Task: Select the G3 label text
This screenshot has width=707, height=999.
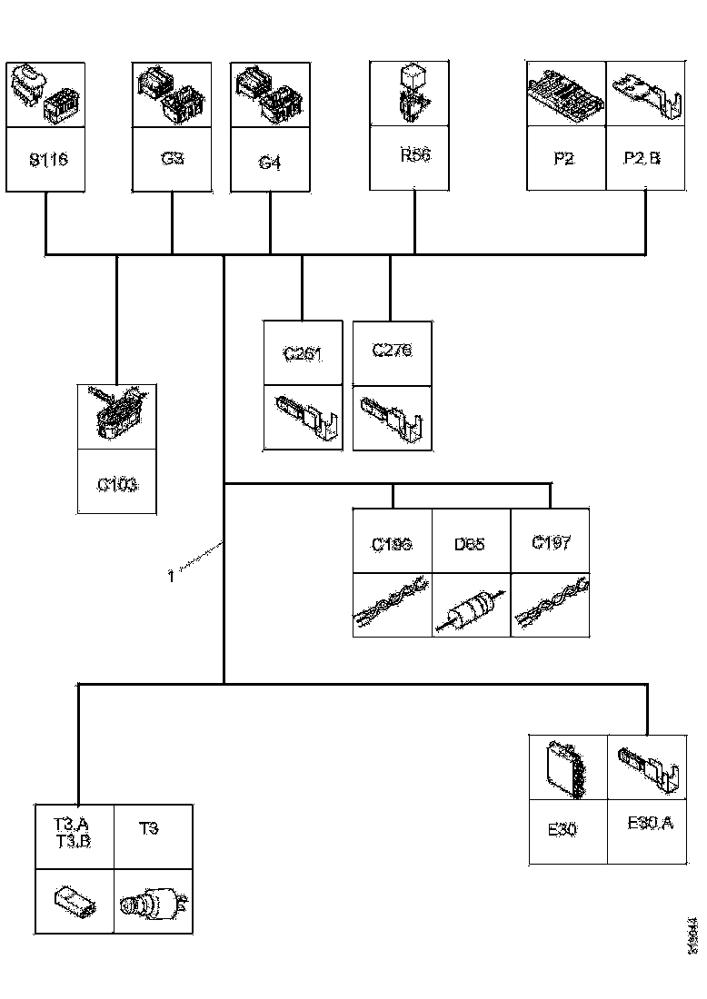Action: point(172,158)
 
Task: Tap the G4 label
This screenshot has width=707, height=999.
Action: point(270,163)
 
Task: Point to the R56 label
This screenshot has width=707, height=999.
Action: point(414,155)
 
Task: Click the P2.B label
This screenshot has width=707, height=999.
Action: point(642,158)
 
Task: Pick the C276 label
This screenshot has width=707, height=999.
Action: point(392,351)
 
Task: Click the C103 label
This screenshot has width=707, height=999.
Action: point(117,484)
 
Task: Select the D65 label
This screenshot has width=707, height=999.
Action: point(470,545)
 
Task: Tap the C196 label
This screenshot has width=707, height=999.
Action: point(392,545)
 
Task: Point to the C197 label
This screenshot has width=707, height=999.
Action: point(551,543)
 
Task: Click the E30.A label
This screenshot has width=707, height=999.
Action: point(651,824)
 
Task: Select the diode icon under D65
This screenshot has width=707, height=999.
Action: point(470,607)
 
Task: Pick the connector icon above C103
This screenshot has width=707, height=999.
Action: point(117,415)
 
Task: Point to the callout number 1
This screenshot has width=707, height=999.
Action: point(171,575)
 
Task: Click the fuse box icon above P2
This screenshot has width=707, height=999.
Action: point(566,95)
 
